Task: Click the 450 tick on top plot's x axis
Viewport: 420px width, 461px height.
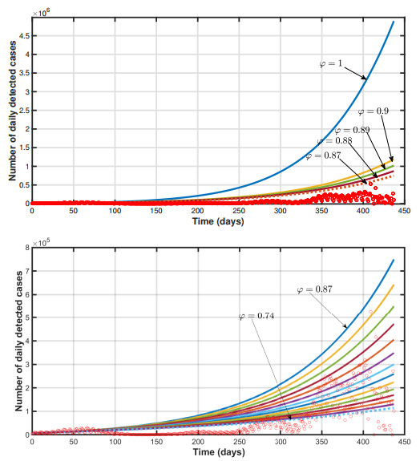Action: [x=402, y=212]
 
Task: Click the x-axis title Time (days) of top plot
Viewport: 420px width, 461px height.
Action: [x=216, y=220]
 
